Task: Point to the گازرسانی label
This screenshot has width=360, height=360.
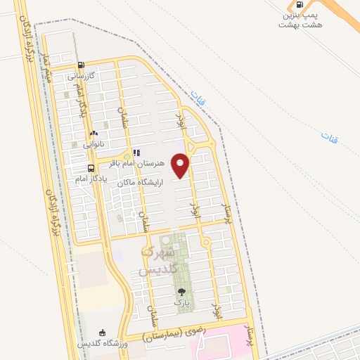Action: pos(81,75)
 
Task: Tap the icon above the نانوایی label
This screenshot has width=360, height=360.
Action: pos(94,133)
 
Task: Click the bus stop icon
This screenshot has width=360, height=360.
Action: pos(91,168)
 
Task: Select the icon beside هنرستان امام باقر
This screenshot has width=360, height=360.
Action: pos(136,152)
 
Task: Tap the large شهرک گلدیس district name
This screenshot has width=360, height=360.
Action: pos(158,260)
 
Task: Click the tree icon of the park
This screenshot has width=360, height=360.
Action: pos(182,291)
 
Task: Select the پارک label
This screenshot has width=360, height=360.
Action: pos(182,301)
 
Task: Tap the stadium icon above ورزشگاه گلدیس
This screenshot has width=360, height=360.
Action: pos(103,333)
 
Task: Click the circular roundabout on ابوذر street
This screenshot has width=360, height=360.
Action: pos(205,243)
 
